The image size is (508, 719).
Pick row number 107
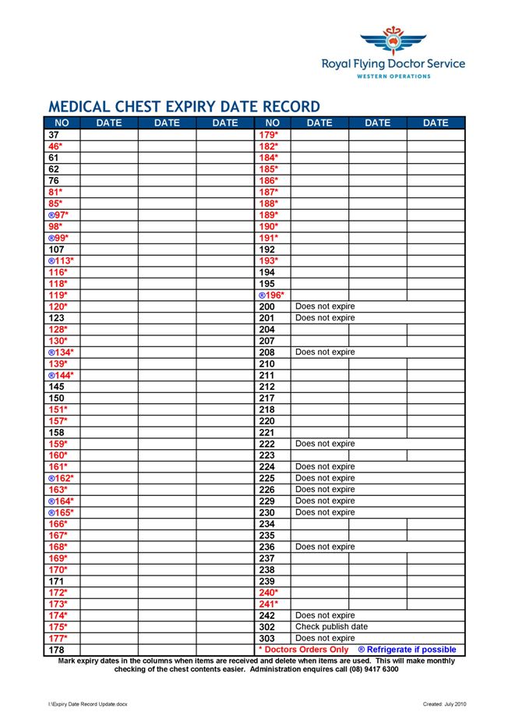point(56,250)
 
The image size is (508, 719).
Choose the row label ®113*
point(62,261)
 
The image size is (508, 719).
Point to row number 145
point(56,387)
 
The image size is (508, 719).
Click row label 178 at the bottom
point(56,650)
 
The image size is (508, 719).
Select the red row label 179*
point(269,135)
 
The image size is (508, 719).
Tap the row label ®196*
point(271,296)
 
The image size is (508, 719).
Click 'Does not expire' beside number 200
point(325,306)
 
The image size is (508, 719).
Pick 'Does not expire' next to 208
point(325,352)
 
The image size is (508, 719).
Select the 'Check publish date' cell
point(331,627)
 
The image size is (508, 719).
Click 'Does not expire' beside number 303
point(325,638)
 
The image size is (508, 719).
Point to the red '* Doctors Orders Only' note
point(304,650)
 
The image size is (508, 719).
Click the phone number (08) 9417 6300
point(371,669)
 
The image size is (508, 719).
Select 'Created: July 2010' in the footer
point(446,704)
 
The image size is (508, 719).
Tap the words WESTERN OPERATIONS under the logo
point(393,76)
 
